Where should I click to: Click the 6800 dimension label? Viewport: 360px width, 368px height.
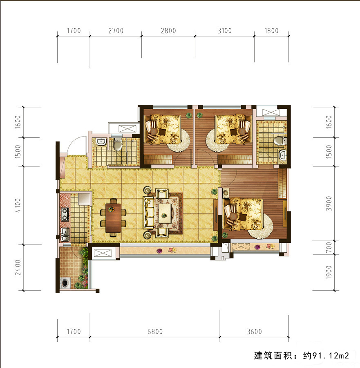pos(155,331)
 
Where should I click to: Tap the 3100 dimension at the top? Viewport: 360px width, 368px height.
pos(225,31)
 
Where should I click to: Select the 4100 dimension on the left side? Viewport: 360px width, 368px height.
pos(18,205)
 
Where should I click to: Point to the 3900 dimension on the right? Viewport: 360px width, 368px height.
pos(329,204)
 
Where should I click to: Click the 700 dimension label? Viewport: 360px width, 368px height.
pos(329,247)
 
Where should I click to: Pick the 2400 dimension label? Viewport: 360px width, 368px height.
pos(18,267)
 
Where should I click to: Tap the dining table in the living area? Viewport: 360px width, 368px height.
pos(113,218)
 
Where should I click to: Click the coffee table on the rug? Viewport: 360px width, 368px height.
pos(165,213)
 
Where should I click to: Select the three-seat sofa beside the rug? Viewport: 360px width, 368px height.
pos(148,213)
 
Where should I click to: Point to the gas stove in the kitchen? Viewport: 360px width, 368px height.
pos(65,214)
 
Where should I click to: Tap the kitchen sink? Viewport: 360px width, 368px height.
pos(65,234)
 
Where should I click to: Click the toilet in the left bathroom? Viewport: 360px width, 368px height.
pos(118,144)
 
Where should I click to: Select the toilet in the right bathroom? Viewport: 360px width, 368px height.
pos(280,141)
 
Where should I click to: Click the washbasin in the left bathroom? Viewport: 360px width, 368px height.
pos(101,141)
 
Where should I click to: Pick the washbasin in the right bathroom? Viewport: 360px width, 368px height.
pos(283,155)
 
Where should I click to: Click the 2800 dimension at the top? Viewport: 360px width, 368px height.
pos(168,31)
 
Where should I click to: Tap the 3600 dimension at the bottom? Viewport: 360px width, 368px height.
pos(254,331)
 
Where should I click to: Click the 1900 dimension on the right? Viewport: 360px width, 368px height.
pos(329,272)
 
